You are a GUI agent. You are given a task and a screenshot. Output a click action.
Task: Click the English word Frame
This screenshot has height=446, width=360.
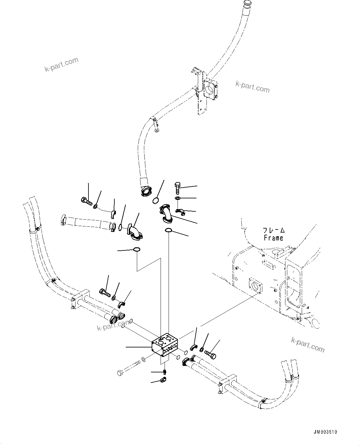273,238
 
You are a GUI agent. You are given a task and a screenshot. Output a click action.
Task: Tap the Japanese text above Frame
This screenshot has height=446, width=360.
273,230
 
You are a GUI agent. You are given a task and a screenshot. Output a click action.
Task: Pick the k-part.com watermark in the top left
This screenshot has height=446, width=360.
62,65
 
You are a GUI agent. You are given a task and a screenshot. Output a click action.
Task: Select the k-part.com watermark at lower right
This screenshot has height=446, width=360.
308,344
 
